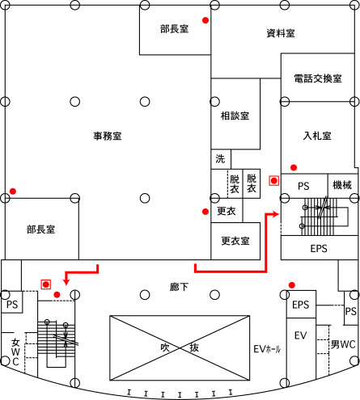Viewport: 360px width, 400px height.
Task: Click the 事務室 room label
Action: (108, 136)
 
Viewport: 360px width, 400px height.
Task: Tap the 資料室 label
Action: (281, 33)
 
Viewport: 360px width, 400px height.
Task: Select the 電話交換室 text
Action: (318, 78)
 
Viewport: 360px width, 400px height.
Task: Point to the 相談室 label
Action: (235, 116)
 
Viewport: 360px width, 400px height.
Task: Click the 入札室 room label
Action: (317, 136)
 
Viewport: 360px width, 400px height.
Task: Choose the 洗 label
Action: (220, 158)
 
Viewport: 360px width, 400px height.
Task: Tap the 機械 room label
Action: (342, 185)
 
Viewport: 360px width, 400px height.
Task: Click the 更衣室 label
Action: (235, 241)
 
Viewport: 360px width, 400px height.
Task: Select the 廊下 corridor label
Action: (179, 287)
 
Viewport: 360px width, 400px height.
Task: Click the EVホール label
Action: (267, 349)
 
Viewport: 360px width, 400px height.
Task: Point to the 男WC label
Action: (343, 344)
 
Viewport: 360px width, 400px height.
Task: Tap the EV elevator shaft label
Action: (300, 335)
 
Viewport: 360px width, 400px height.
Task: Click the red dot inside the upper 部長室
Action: (205, 20)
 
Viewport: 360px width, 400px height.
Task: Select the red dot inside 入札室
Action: (294, 167)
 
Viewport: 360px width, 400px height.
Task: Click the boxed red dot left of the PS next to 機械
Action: (274, 181)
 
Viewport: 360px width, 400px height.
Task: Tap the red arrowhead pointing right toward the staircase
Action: (276, 214)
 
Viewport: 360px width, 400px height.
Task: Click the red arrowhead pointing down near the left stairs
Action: (66, 281)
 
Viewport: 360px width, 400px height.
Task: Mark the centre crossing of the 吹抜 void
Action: (180, 348)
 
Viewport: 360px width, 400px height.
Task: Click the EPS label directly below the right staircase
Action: (319, 248)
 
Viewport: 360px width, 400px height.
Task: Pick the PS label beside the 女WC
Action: (12, 305)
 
